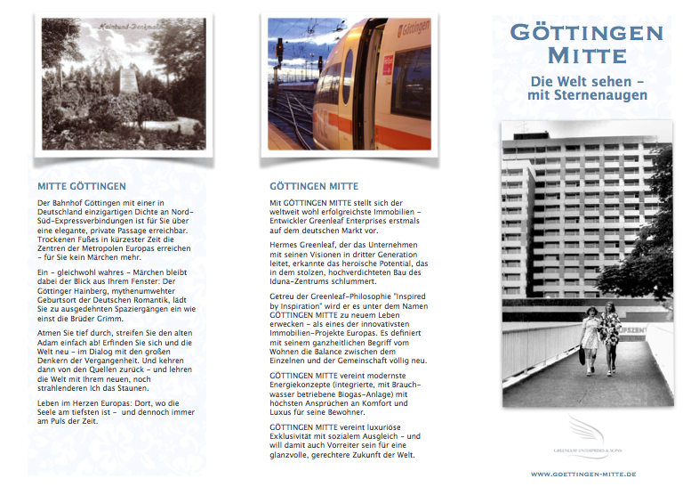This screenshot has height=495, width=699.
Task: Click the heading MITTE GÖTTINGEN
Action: click(82, 187)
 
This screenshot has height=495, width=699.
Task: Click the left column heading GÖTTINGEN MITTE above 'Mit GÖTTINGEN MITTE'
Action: click(314, 187)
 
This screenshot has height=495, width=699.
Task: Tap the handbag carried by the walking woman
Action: click(581, 355)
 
